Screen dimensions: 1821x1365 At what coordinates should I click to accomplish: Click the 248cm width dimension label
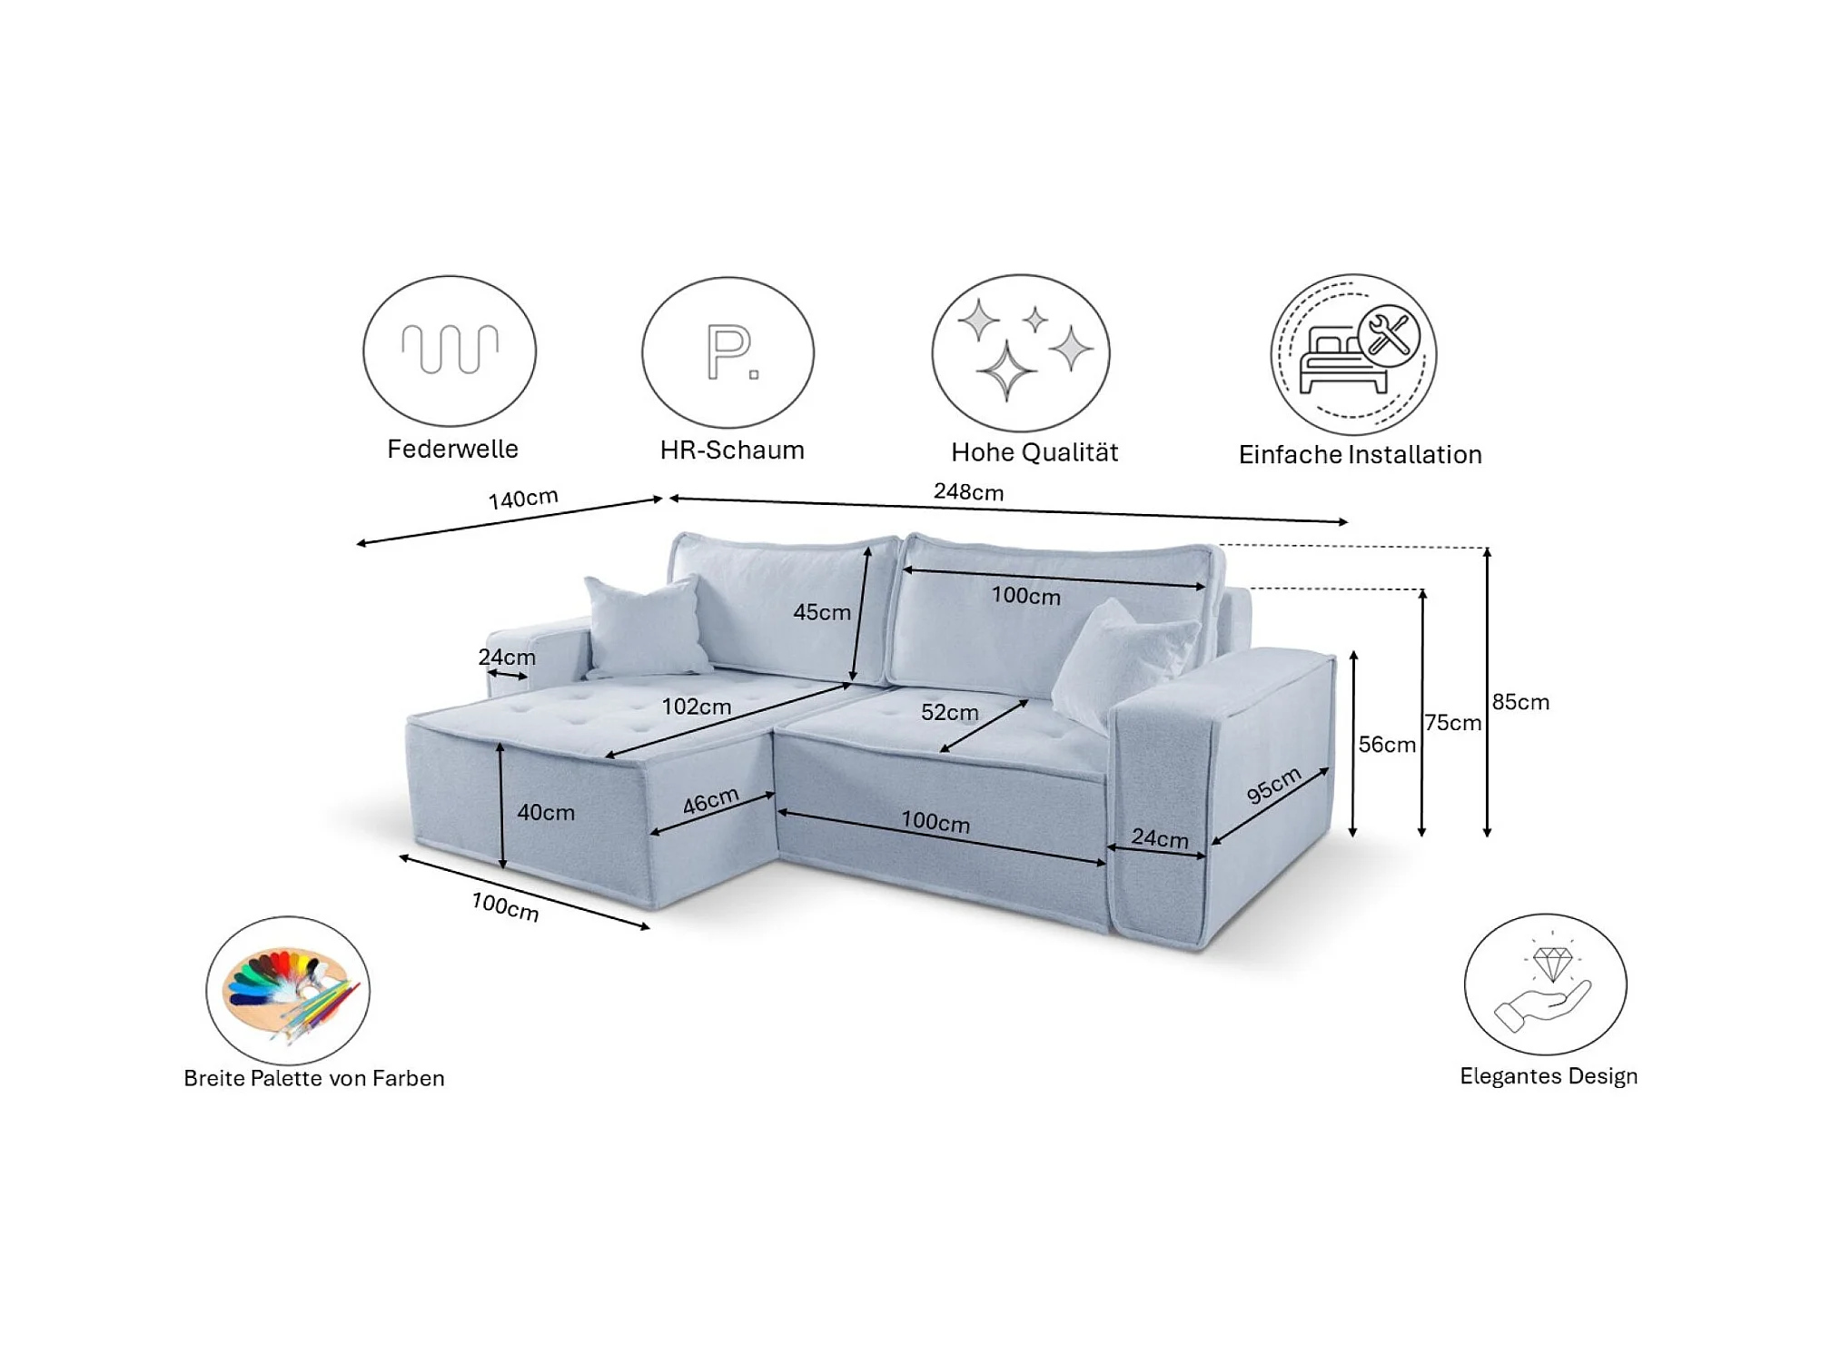(968, 492)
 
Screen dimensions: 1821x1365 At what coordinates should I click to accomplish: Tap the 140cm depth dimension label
(523, 499)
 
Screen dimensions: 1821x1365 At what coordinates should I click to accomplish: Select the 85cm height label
(1520, 702)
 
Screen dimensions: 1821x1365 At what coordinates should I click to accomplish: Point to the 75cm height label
(1452, 723)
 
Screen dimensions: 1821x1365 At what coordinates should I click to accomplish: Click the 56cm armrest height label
(1386, 745)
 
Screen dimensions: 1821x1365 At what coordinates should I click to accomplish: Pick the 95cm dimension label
(1273, 785)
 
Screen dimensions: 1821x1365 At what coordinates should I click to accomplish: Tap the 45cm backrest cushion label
(821, 612)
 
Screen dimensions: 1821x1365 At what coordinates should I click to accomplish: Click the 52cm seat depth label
(949, 713)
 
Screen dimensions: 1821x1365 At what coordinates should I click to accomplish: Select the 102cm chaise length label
(696, 707)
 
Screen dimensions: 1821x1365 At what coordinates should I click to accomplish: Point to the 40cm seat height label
(546, 813)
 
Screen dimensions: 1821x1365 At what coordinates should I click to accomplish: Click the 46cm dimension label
(710, 800)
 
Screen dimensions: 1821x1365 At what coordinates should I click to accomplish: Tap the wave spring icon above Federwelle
(450, 351)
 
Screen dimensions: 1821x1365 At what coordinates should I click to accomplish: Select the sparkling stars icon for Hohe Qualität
(1020, 352)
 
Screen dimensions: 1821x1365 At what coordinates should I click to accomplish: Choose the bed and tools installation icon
(1353, 354)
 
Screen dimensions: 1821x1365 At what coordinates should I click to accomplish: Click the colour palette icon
(288, 990)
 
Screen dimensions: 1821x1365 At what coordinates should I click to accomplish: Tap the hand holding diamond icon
(1545, 984)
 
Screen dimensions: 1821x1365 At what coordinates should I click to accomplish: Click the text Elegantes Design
(1549, 1076)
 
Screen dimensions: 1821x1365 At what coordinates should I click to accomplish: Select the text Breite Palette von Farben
(314, 1079)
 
